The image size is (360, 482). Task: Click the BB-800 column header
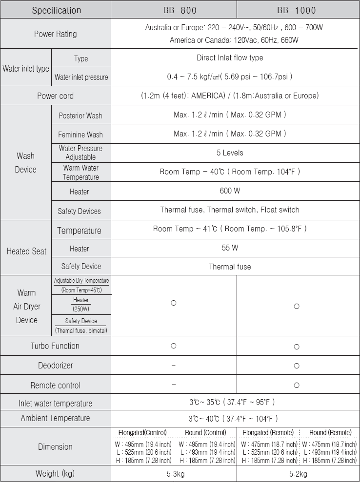[x=174, y=10]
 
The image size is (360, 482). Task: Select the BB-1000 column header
[x=297, y=10]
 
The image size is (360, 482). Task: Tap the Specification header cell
[x=57, y=10]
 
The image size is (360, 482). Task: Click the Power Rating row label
[x=55, y=34]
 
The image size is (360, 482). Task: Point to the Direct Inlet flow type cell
[x=230, y=58]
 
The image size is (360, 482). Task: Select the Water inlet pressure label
[x=81, y=77]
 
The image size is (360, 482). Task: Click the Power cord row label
[x=55, y=96]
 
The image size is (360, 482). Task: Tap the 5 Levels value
[x=230, y=153]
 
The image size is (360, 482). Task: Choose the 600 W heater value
[x=230, y=191]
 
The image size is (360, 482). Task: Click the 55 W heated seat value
[x=230, y=248]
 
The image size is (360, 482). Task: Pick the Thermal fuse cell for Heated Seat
[x=230, y=267]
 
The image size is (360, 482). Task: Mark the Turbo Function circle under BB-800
[x=173, y=346]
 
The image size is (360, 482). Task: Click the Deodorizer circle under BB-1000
[x=297, y=366]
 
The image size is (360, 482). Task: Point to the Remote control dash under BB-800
[x=173, y=385]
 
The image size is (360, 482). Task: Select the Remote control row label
[x=55, y=386]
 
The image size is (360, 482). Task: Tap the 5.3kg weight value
[x=173, y=473]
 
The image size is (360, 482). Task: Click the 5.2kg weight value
[x=297, y=473]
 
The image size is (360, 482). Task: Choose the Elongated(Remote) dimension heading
[x=268, y=432]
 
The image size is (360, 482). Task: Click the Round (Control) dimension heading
[x=205, y=432]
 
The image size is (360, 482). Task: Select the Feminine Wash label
[x=80, y=135]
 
